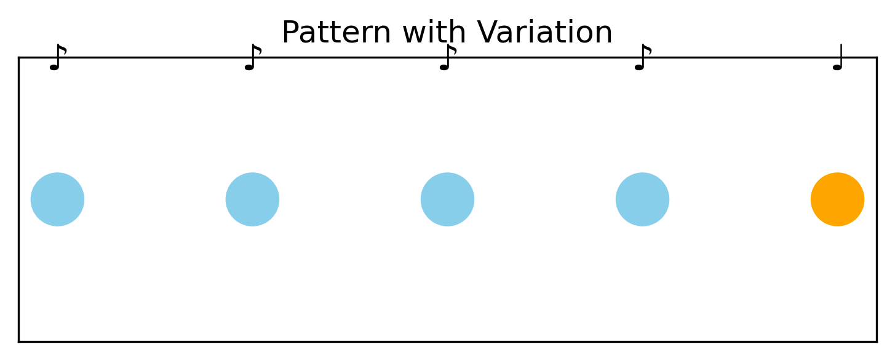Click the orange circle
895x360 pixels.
[837, 199]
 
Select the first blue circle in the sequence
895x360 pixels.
[57, 199]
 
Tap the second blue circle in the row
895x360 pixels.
[252, 199]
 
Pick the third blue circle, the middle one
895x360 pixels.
[447, 199]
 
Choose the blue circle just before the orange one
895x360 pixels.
[642, 199]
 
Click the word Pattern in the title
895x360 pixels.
[335, 33]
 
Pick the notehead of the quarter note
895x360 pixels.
[837, 67]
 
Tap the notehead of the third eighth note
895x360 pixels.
[444, 67]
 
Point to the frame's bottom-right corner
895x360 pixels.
[876, 341]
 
